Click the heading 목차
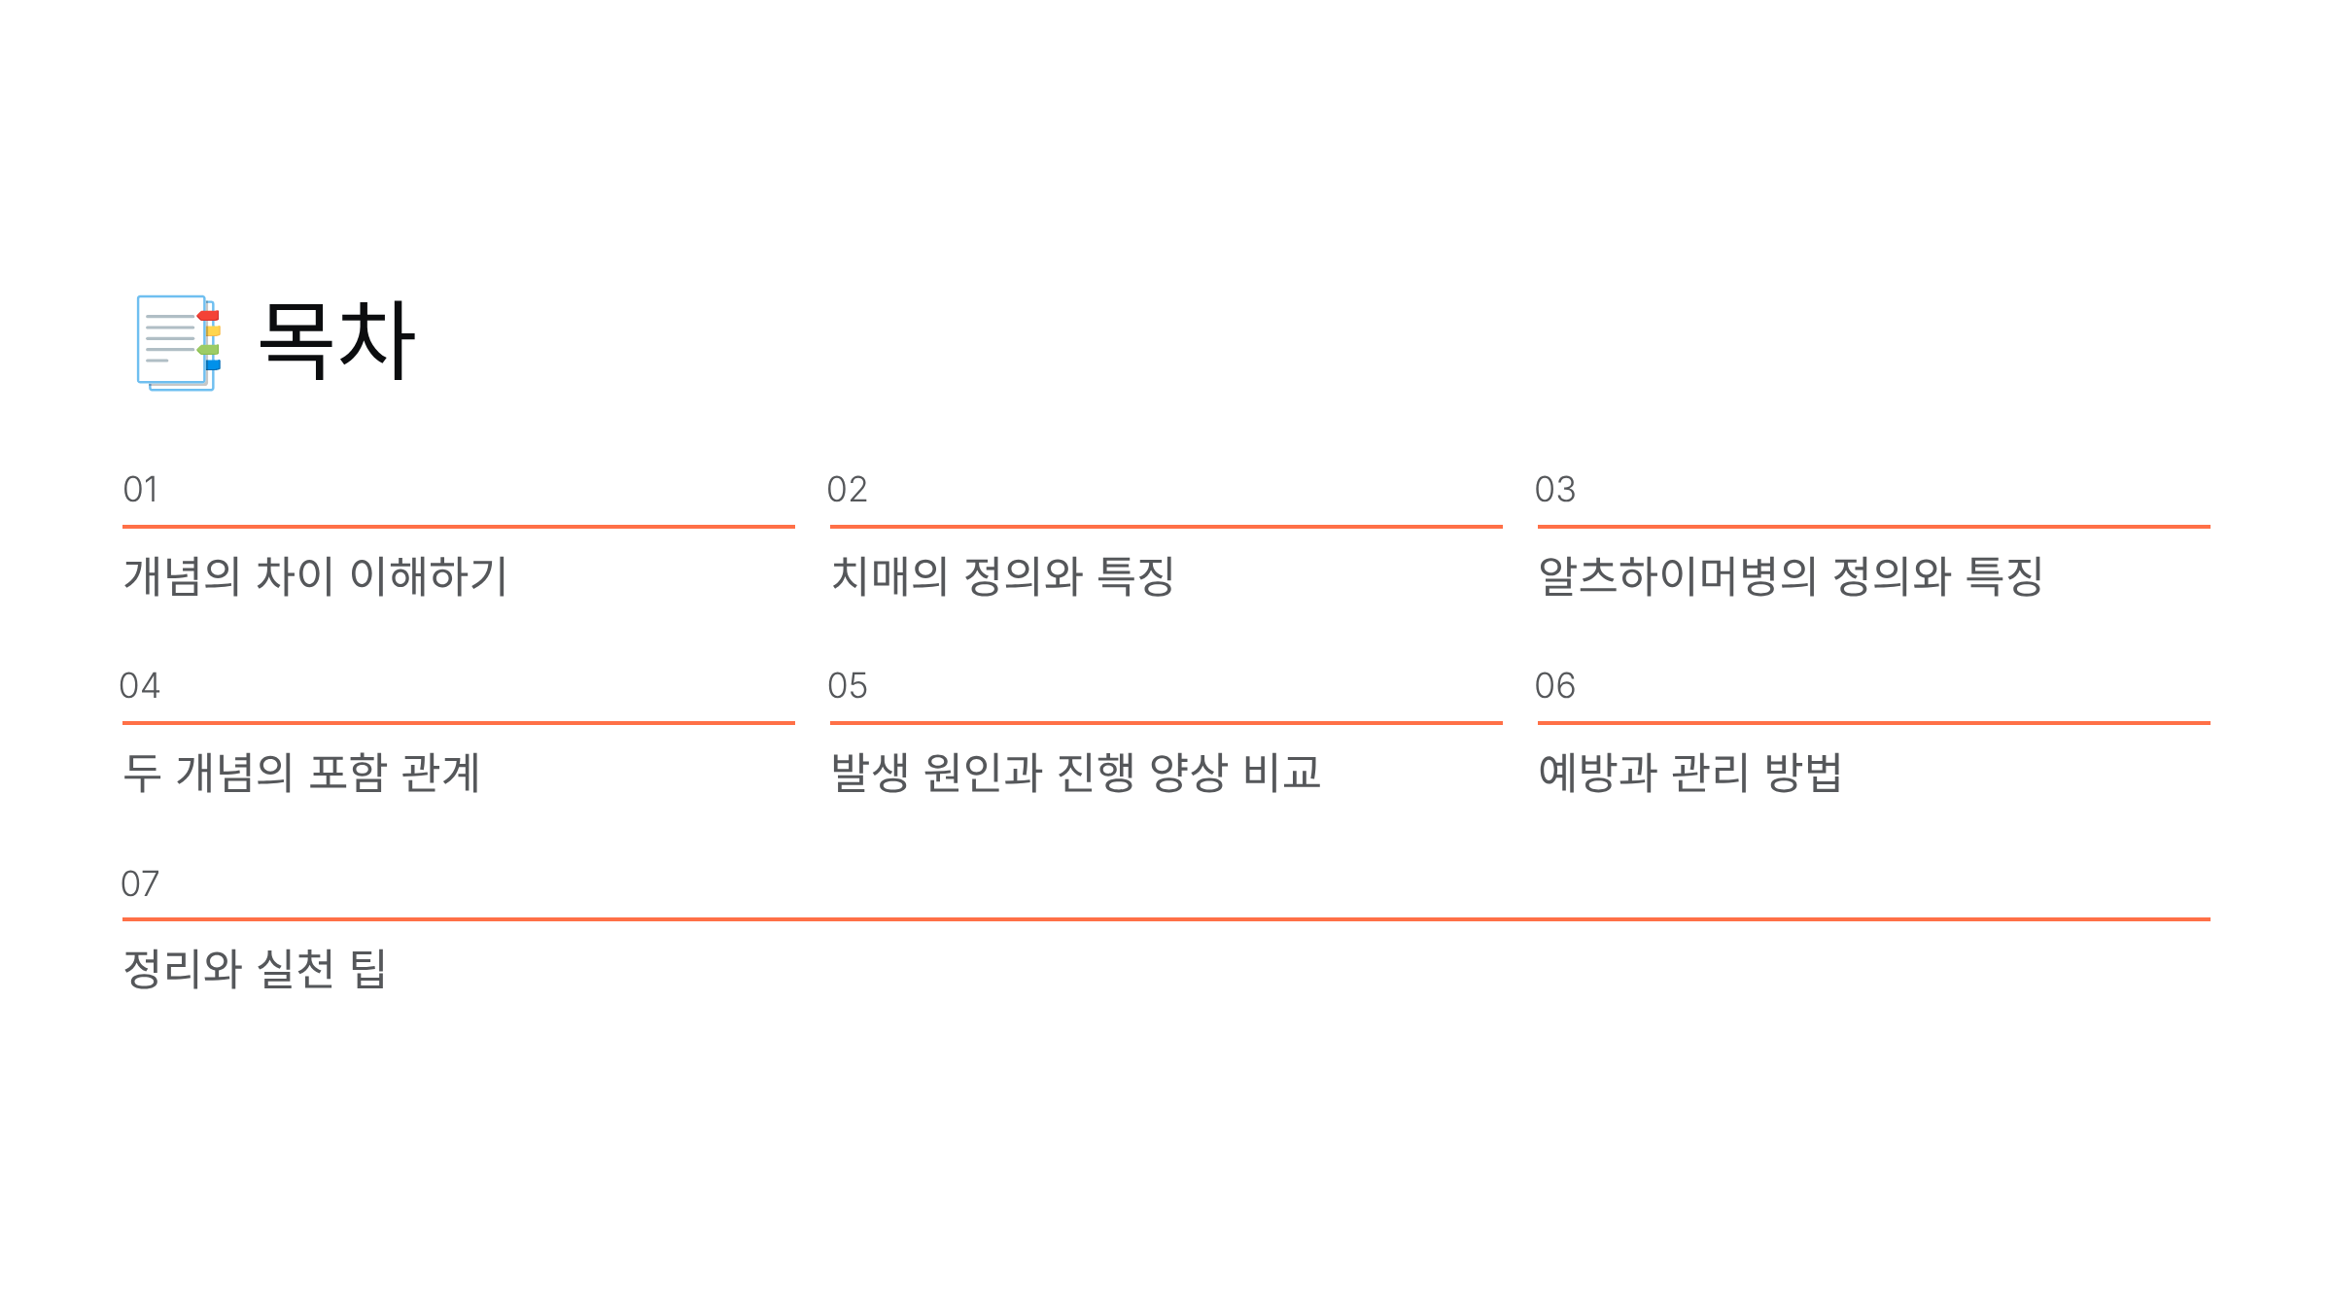click(336, 340)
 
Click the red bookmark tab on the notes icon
click(209, 316)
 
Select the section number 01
click(140, 490)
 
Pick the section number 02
click(847, 490)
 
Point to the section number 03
click(1554, 490)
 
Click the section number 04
click(139, 686)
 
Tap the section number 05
click(847, 686)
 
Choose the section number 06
click(1554, 686)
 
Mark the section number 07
click(139, 884)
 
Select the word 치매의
click(888, 576)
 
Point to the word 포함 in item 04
click(347, 774)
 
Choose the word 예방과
click(1597, 774)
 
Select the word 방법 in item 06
click(1803, 774)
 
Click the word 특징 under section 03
click(2003, 576)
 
